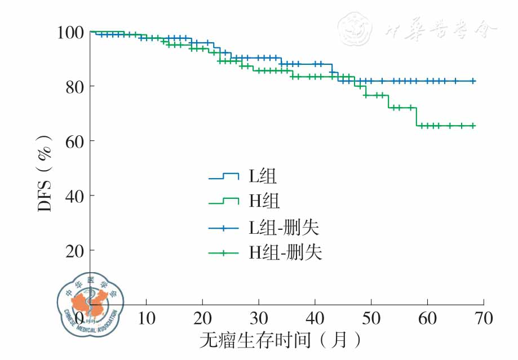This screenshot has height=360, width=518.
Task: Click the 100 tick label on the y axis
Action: coord(69,32)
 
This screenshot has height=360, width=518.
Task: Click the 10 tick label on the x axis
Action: coord(146,318)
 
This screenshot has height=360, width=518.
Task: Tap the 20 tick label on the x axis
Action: coord(202,318)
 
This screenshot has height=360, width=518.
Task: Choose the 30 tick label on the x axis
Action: coord(259,318)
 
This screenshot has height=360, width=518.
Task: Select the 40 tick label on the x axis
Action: coord(315,318)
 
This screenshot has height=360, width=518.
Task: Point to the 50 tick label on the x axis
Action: coord(371,318)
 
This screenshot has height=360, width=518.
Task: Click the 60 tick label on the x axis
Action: coord(428,318)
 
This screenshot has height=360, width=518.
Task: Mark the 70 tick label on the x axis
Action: coord(484,318)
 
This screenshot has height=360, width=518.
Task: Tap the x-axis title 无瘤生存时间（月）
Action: coord(280,340)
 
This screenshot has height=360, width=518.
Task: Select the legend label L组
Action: coord(263,176)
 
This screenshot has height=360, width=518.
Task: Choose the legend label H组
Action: coord(264,202)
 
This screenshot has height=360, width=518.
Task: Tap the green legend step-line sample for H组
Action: coord(224,202)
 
